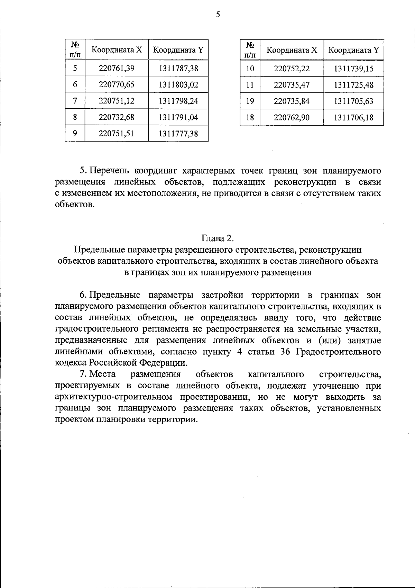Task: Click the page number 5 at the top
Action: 218,15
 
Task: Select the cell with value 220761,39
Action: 117,68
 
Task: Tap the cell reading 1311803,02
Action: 178,85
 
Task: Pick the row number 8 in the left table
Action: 75,117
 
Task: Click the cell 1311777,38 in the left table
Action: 178,134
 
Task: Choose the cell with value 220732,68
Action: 117,117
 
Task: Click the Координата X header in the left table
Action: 117,50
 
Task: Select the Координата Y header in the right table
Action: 353,50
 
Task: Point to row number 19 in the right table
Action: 250,101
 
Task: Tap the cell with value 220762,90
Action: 292,118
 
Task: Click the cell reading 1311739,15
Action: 353,69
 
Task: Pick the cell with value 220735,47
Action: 292,85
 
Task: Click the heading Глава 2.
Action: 218,238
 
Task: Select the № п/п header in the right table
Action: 250,50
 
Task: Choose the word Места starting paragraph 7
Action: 103,374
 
